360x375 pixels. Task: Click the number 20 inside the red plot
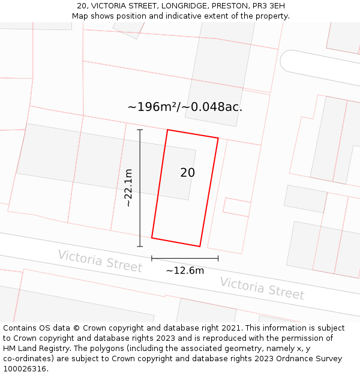(187, 173)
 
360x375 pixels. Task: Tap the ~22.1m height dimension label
(128, 188)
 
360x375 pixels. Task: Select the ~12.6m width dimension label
(185, 271)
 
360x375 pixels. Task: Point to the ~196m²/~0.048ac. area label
(185, 107)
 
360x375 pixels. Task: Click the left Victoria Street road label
(100, 261)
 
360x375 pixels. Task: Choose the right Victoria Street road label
(262, 288)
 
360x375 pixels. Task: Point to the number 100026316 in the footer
(24, 369)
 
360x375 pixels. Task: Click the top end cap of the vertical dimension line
(140, 130)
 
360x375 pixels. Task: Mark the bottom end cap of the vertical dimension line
(140, 246)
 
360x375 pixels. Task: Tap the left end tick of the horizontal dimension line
(152, 258)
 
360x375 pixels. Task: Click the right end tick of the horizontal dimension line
(218, 258)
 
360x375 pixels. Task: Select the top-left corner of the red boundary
(167, 130)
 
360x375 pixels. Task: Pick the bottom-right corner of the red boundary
(200, 246)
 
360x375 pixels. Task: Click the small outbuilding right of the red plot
(237, 206)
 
